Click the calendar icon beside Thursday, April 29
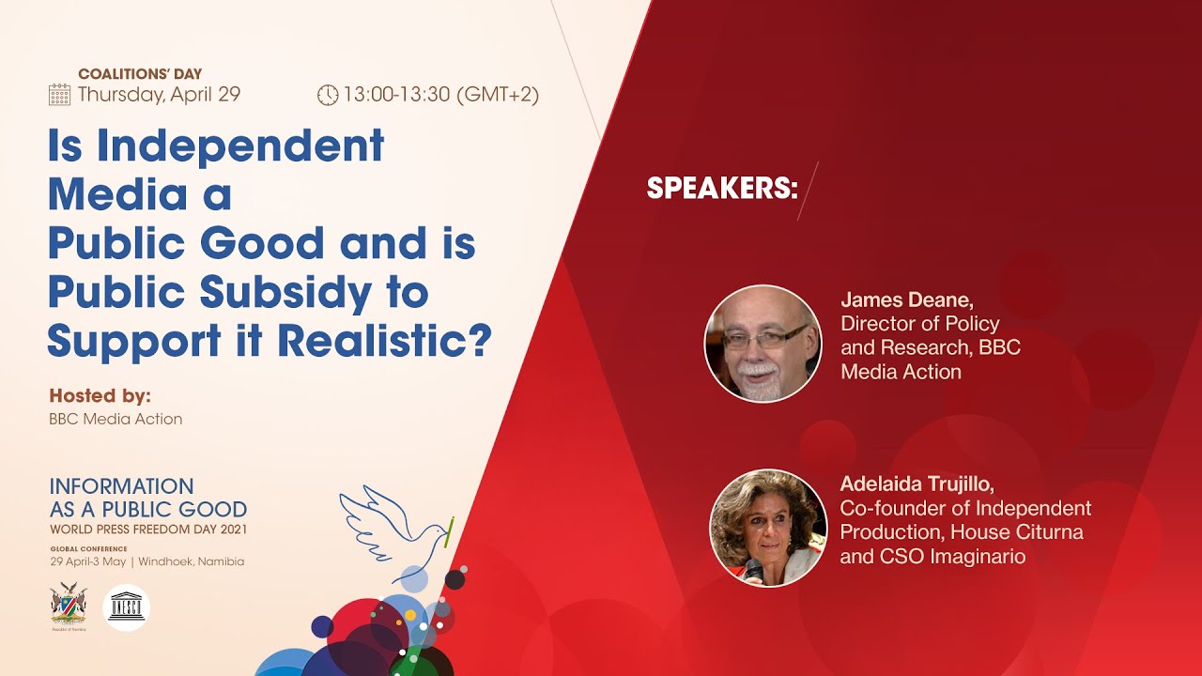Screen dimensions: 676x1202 point(59,94)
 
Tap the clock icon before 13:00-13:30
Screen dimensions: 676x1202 point(327,95)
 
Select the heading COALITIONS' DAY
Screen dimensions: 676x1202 point(140,74)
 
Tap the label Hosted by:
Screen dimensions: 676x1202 point(100,395)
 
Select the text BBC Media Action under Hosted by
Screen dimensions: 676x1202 point(116,419)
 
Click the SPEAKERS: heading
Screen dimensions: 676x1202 point(721,189)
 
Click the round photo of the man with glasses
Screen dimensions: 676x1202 point(763,344)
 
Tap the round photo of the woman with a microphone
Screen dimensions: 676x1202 point(767,528)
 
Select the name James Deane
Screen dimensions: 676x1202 point(906,300)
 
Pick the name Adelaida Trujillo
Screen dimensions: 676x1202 point(917,484)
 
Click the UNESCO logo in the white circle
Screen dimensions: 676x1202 point(126,607)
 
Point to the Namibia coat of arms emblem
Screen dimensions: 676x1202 point(68,606)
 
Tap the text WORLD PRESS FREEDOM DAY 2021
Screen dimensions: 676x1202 point(148,530)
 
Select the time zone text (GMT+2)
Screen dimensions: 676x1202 point(498,95)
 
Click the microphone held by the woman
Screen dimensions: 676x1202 point(753,570)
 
